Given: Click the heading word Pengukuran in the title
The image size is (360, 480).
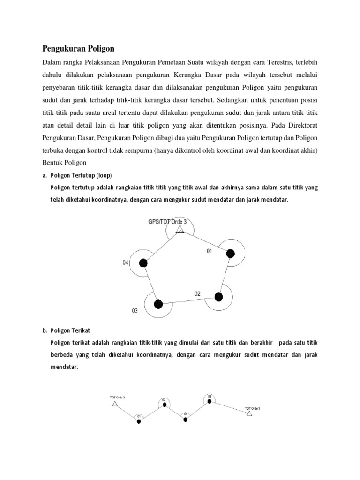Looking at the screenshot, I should pos(61,48).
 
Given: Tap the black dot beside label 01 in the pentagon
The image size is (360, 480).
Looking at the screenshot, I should pos(230,254).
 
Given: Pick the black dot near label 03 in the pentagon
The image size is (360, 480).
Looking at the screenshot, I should pos(158,304).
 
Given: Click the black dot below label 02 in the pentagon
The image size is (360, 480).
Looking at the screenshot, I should pos(218,296).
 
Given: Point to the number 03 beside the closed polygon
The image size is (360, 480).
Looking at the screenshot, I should pos(135,311).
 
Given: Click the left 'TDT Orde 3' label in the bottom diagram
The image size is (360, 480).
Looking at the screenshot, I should pos(117,397).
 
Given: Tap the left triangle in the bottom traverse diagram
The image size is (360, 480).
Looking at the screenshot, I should pos(115,403).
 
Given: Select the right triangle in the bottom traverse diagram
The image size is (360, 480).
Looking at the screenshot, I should pos(250,414).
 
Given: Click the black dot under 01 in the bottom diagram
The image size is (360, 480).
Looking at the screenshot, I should pos(139,421).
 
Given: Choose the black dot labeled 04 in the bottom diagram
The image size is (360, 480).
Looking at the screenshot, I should pos(210,401).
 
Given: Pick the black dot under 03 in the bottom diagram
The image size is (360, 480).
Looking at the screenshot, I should pos(185,419).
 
